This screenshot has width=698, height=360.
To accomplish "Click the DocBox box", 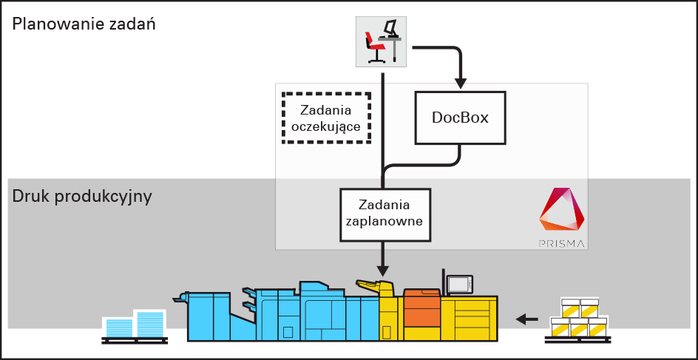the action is [461, 118].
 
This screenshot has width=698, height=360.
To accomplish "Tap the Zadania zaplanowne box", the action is [385, 214].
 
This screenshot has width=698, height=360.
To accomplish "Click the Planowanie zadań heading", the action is [84, 24].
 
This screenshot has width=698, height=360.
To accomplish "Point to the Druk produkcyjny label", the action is [82, 197].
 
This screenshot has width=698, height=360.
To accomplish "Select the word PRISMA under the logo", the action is [562, 244].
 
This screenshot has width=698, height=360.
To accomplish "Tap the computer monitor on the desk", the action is [390, 29].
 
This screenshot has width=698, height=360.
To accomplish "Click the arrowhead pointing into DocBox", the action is [461, 84].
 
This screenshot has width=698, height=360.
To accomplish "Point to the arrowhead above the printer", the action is [382, 271].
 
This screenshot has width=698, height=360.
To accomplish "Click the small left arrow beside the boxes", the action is [526, 319].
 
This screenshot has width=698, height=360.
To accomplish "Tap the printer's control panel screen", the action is [460, 283].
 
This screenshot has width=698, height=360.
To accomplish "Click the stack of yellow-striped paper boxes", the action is [578, 318].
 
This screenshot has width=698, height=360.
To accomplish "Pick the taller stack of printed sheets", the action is [151, 324].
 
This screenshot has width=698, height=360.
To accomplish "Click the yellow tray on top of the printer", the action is [370, 285].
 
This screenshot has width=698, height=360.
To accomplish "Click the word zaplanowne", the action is [385, 221].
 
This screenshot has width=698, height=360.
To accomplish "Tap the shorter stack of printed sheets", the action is [118, 328].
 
